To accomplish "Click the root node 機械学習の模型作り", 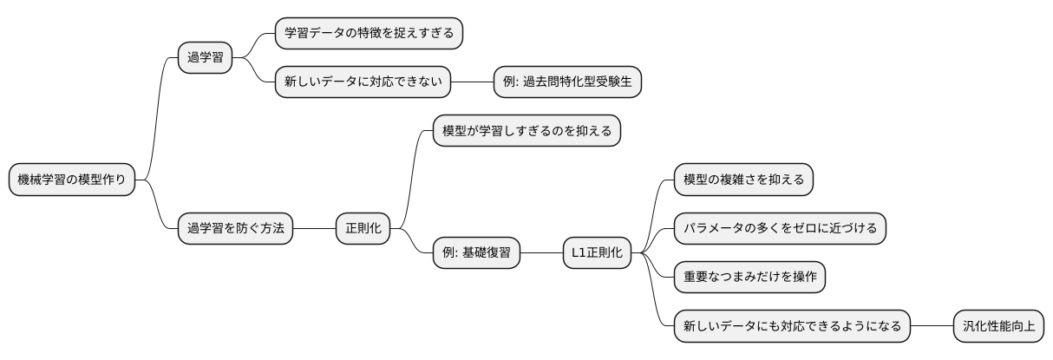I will [x=72, y=180].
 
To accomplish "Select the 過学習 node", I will [x=206, y=58].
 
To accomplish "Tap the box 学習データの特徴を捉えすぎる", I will [x=369, y=34].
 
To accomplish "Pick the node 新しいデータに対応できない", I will [x=363, y=82].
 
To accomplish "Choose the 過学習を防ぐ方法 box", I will [x=235, y=229].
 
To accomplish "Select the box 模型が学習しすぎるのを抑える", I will [x=526, y=132].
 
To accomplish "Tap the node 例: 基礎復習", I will [x=478, y=253].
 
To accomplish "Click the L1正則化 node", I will [x=598, y=253].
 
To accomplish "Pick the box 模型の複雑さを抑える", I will [x=744, y=180].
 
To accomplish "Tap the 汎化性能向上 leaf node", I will [x=998, y=326].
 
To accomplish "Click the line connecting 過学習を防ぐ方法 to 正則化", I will [x=314, y=229].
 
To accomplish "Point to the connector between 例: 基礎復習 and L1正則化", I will [x=542, y=253].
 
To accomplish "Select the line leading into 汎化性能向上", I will [x=932, y=326].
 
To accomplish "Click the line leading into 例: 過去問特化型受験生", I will [x=473, y=82].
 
